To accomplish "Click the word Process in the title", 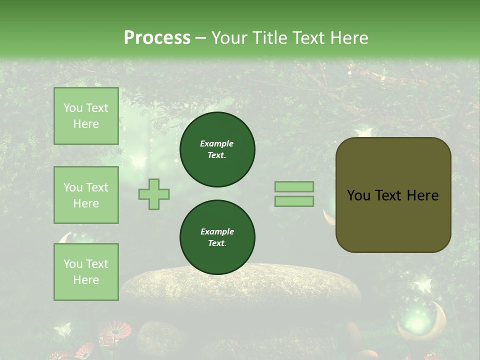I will pyautogui.click(x=157, y=37).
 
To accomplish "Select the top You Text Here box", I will pyautogui.click(x=86, y=116).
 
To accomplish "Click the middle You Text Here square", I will pyautogui.click(x=86, y=195).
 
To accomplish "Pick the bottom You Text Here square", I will pyautogui.click(x=86, y=271).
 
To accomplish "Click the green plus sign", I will pyautogui.click(x=154, y=194).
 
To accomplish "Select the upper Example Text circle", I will pyautogui.click(x=217, y=149).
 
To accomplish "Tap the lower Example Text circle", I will pyautogui.click(x=217, y=237).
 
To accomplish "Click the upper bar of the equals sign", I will pyautogui.click(x=294, y=186).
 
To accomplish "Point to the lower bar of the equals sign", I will pyautogui.click(x=294, y=201).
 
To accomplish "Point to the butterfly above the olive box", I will pyautogui.click(x=363, y=132).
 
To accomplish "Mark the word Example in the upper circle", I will pyautogui.click(x=217, y=143).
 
